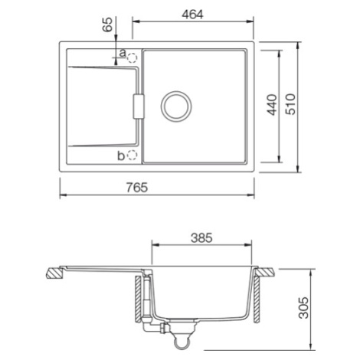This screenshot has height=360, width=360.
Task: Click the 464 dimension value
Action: [192, 15]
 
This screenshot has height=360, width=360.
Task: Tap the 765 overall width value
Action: [137, 188]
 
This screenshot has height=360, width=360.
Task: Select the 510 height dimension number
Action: [290, 104]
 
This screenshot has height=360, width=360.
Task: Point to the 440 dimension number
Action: [272, 105]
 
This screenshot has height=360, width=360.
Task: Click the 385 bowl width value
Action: [201, 238]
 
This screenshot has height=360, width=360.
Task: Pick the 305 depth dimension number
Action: [304, 308]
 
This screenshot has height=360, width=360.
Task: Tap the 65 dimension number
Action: [107, 25]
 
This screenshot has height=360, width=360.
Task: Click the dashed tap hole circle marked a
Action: [133, 58]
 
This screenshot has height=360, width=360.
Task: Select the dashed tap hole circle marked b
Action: [133, 155]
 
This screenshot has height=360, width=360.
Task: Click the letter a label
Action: [123, 53]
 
